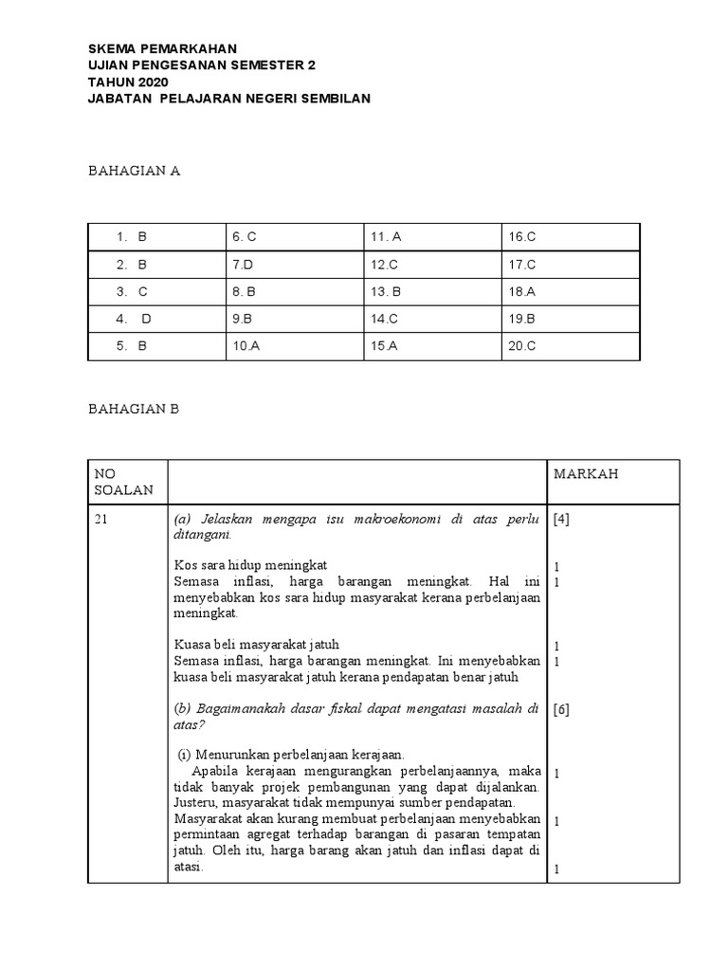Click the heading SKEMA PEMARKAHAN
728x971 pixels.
pyautogui.click(x=163, y=48)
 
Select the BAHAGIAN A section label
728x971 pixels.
pyautogui.click(x=134, y=171)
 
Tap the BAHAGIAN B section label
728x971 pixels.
pyautogui.click(x=134, y=409)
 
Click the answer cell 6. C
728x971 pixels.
pyautogui.click(x=245, y=237)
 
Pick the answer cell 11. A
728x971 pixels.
pyautogui.click(x=386, y=237)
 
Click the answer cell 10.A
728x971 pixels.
pyautogui.click(x=246, y=346)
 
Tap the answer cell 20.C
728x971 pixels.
pyautogui.click(x=522, y=346)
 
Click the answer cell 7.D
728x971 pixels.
pyautogui.click(x=243, y=265)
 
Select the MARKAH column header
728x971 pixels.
pyautogui.click(x=586, y=474)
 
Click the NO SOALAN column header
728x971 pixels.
pyautogui.click(x=118, y=483)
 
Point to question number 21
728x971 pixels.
pyautogui.click(x=102, y=519)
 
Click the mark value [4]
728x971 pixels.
pyautogui.click(x=561, y=519)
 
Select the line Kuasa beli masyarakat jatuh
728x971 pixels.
pyautogui.click(x=256, y=645)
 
